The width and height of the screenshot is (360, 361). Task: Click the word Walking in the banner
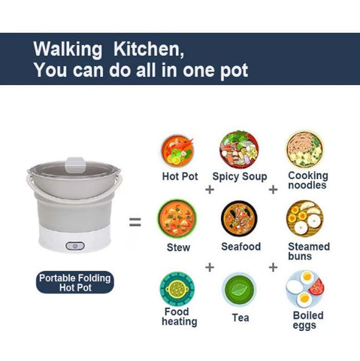[x=68, y=50]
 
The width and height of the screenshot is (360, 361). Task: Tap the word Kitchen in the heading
[x=148, y=49]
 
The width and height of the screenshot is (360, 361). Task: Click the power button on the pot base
[x=75, y=246]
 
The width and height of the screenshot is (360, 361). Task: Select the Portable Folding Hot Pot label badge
[x=75, y=283]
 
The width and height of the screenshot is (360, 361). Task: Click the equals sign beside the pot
[x=135, y=222]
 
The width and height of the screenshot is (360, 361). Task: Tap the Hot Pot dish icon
[x=177, y=151]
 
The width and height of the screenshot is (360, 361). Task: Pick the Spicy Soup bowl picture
[x=239, y=150]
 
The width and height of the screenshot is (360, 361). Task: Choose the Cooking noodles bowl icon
[x=305, y=149]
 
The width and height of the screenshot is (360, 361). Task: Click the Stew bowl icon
[x=177, y=218]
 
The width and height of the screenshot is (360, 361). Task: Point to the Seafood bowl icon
[x=239, y=218]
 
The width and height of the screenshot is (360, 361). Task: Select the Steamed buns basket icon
[x=304, y=218]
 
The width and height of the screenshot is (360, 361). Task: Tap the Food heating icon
[x=177, y=289]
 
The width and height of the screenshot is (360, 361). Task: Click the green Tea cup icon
[x=239, y=290]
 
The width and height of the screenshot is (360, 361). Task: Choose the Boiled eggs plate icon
[x=304, y=289]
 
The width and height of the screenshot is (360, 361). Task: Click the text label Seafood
[x=241, y=247]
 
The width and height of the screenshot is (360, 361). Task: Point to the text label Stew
[x=178, y=247]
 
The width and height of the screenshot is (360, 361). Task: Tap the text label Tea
[x=241, y=318]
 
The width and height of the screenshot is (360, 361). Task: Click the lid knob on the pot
[x=75, y=165]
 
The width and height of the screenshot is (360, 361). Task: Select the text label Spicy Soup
[x=240, y=177]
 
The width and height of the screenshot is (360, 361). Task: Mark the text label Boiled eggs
[x=308, y=320]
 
